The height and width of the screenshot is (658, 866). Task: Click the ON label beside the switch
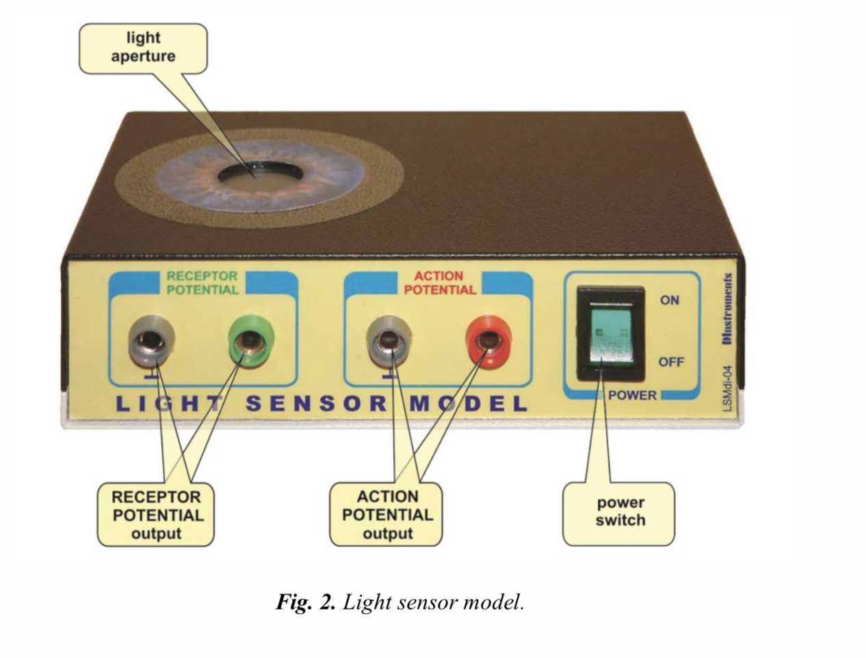click(x=669, y=300)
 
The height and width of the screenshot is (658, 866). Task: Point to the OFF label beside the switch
click(x=670, y=361)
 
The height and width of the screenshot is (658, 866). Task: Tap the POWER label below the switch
click(x=632, y=395)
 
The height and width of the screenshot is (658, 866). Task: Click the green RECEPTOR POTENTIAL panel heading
click(x=202, y=282)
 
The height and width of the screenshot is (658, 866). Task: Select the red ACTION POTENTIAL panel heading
click(x=439, y=282)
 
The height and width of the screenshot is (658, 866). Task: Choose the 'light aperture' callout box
click(x=143, y=48)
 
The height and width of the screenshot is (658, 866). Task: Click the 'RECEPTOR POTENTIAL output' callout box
click(x=156, y=515)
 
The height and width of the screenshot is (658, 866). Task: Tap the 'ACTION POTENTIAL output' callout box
click(x=387, y=515)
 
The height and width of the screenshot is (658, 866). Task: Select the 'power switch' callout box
click(x=620, y=512)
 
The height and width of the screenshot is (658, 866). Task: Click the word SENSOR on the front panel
click(x=316, y=403)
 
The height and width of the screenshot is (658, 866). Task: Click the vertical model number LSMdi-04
click(x=727, y=387)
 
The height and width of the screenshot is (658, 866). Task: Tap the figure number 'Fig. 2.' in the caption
click(x=306, y=602)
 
